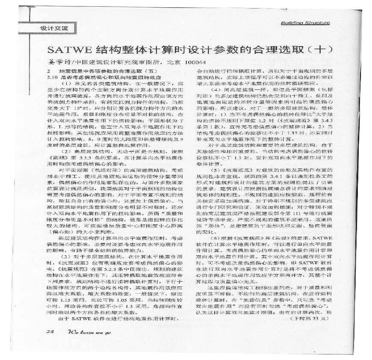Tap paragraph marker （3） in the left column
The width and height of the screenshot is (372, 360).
(66, 268)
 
